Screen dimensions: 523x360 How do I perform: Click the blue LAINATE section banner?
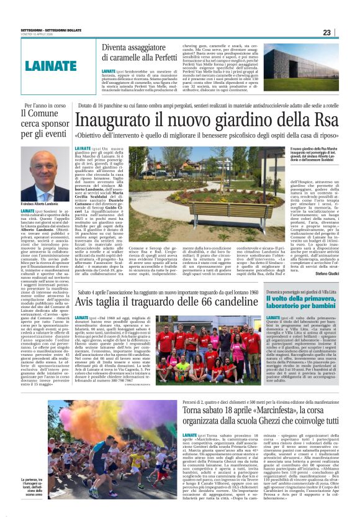(x=52, y=66)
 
